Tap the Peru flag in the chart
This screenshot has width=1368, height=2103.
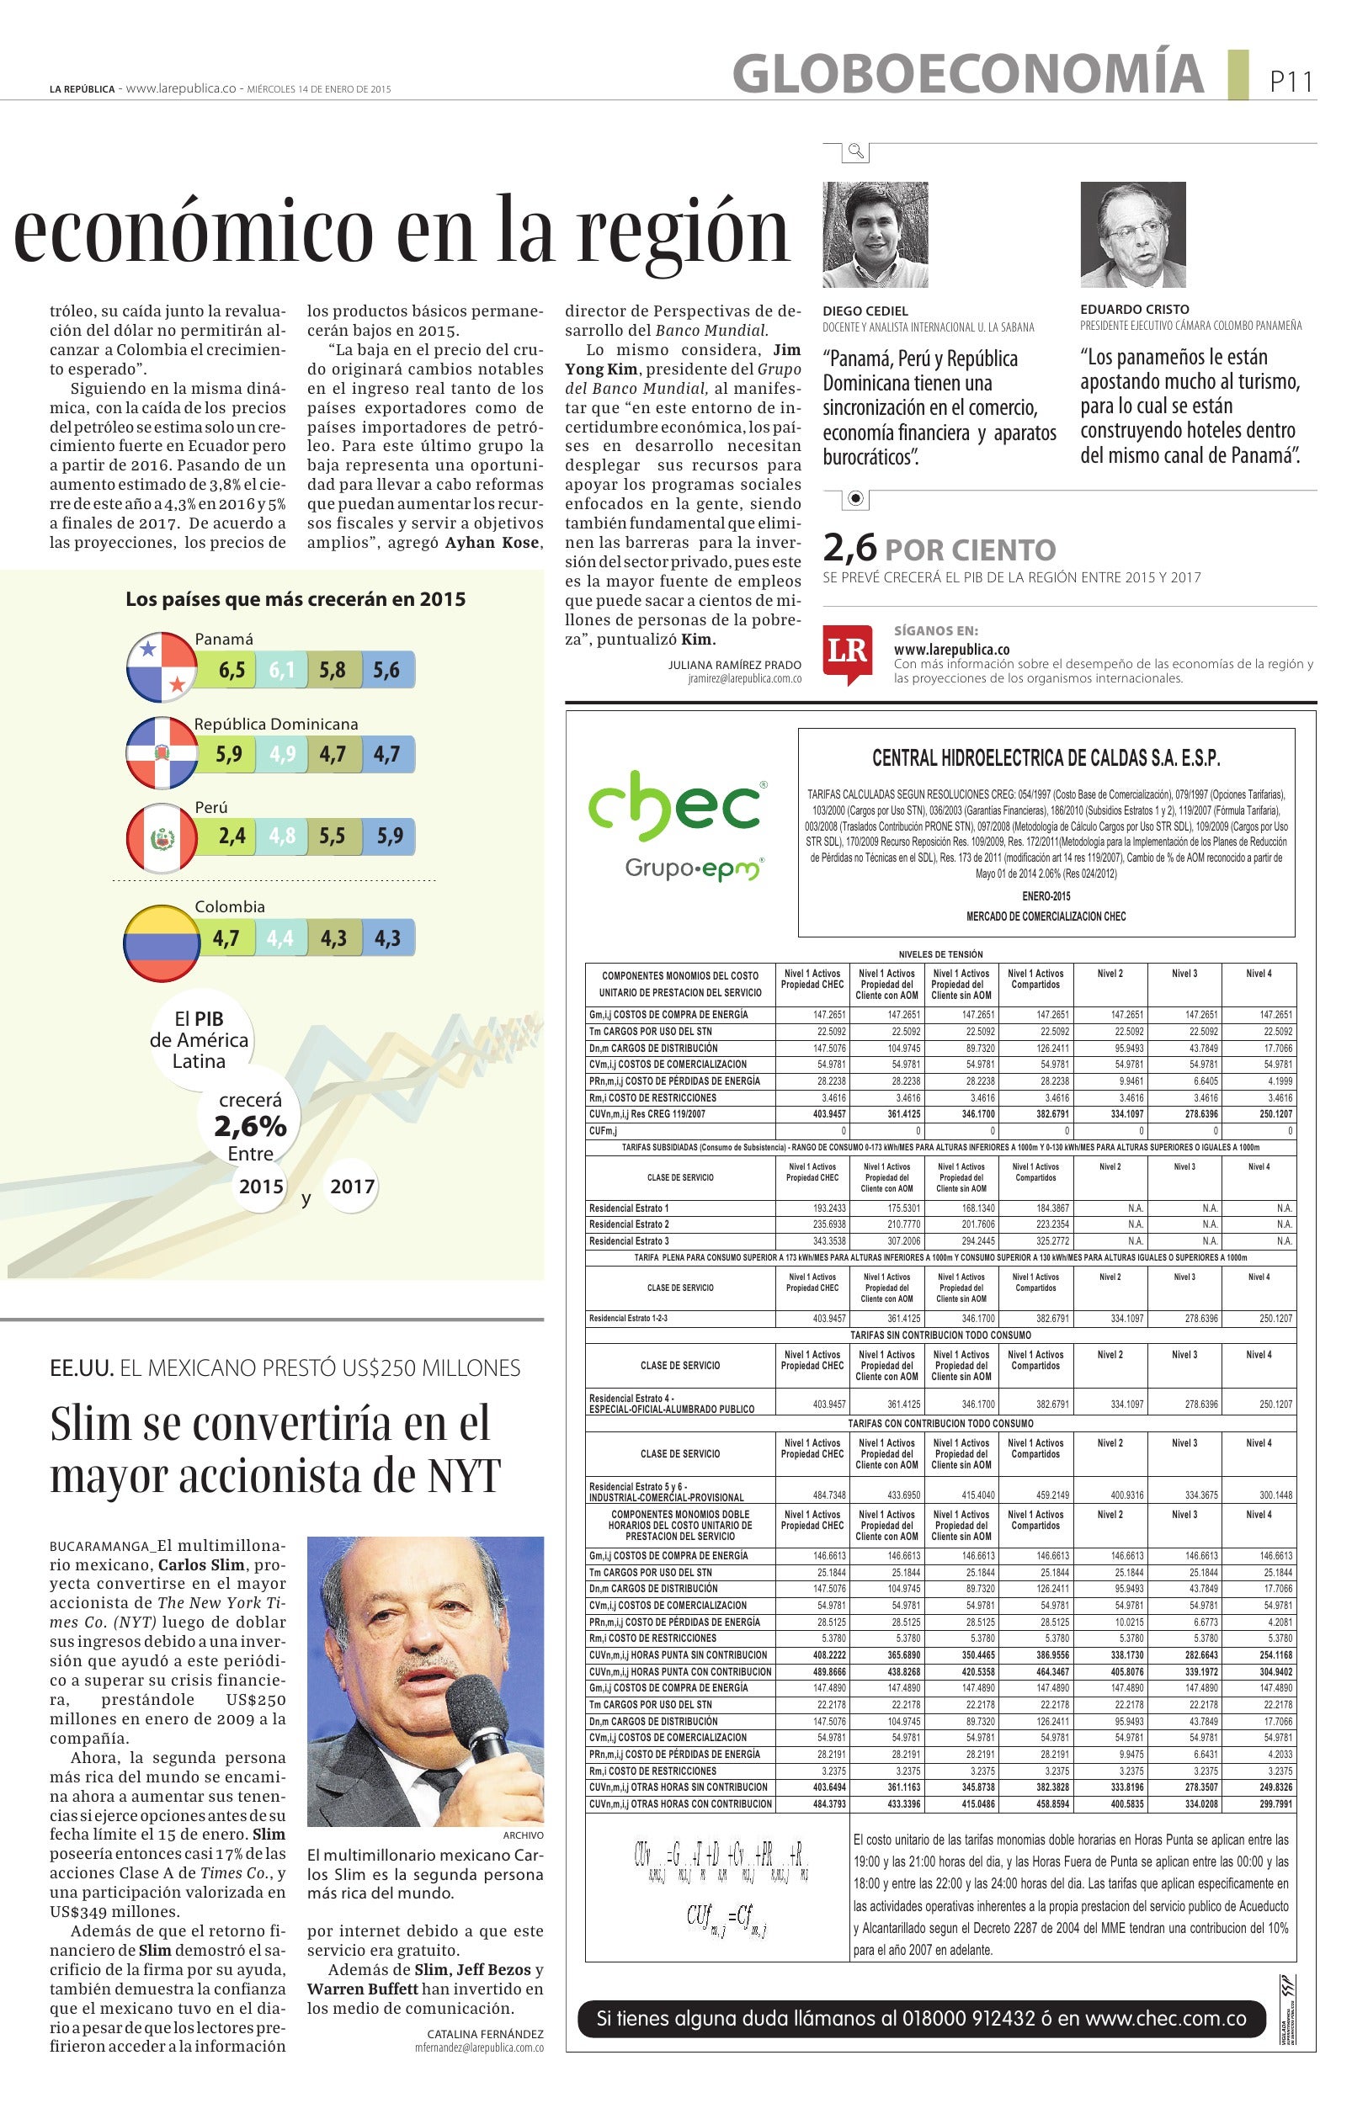162,836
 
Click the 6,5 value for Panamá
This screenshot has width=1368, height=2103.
232,671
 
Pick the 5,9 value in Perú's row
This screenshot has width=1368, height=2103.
389,836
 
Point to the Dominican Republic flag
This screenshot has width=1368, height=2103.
162,754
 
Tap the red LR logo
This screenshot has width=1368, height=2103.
847,653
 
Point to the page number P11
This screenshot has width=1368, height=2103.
1291,82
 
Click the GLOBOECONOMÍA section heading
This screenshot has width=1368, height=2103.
967,73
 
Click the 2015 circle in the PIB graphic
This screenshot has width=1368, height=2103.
261,1187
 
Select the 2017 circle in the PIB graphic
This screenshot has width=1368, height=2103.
352,1187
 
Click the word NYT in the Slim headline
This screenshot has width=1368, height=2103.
460,1476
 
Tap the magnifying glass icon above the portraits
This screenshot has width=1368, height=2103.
855,151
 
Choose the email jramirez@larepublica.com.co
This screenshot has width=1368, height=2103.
744,680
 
